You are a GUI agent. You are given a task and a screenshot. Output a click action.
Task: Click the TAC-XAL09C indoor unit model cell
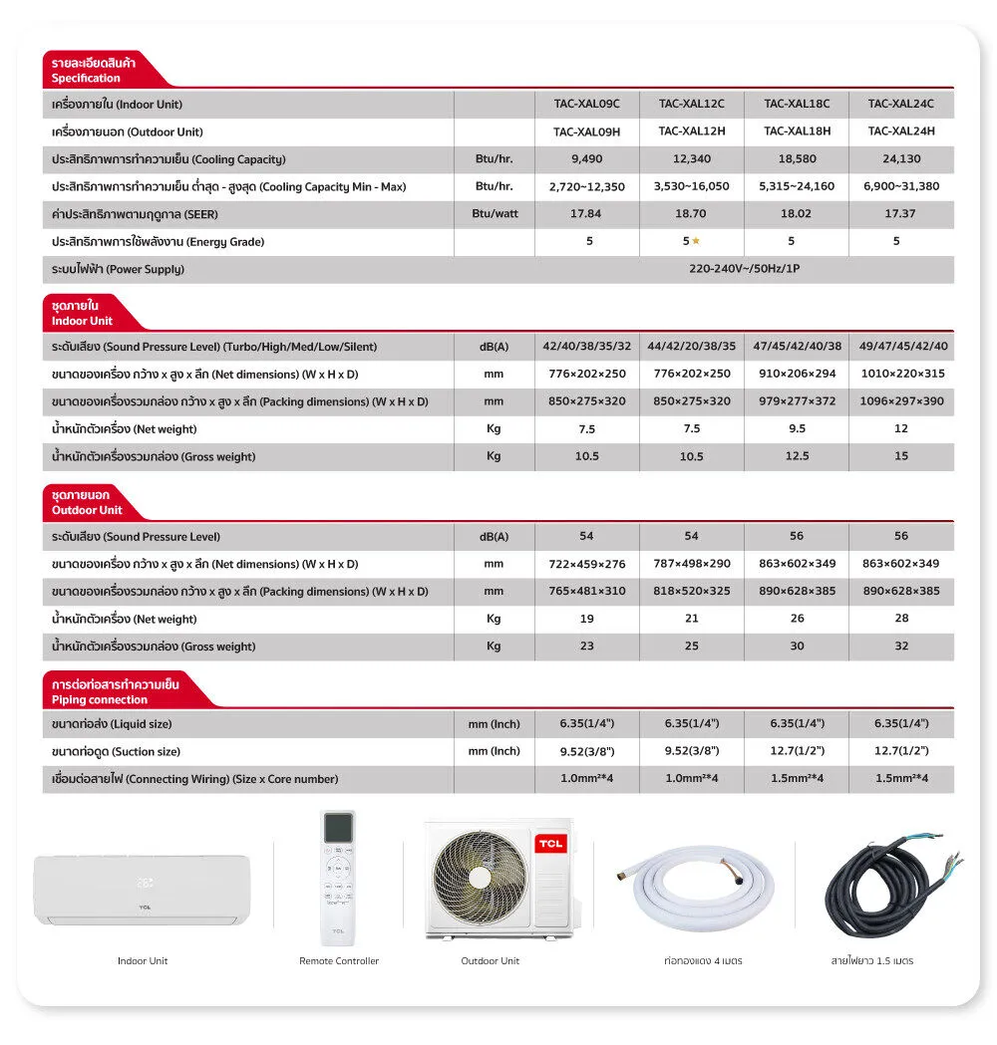586,104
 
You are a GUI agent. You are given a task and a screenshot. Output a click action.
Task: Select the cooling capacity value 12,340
692,158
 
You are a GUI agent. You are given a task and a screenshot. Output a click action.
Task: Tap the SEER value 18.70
692,213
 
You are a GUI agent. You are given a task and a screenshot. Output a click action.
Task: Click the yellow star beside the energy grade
697,241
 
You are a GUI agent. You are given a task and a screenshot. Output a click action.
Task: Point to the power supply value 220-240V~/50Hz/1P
744,269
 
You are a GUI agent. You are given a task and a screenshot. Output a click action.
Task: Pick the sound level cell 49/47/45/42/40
900,347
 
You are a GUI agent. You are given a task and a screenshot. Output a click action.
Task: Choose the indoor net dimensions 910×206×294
797,374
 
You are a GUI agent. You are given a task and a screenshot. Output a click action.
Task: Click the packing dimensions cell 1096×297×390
900,401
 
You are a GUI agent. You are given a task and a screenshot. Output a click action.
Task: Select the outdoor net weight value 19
586,619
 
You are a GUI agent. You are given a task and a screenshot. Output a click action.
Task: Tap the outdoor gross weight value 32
900,646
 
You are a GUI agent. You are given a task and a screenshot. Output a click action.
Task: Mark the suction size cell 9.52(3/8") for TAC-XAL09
586,751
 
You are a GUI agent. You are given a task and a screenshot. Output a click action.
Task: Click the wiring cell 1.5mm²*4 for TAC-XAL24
900,778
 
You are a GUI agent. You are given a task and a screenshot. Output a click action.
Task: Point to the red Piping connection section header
115,692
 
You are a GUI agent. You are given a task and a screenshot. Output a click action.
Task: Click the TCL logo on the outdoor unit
549,844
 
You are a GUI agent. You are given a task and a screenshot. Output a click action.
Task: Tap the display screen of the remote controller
338,827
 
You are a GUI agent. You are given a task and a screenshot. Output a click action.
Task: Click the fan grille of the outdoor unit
480,879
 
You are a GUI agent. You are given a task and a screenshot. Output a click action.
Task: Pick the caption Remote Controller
339,961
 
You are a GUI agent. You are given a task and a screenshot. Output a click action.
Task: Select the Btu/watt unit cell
495,213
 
